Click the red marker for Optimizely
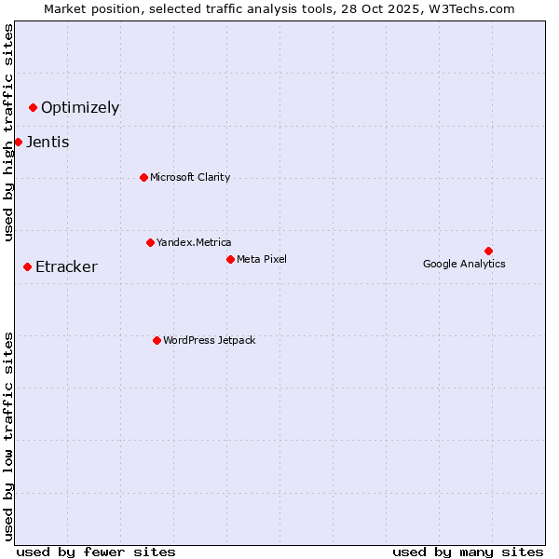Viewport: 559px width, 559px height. click(x=33, y=107)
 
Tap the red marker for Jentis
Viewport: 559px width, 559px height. click(x=18, y=142)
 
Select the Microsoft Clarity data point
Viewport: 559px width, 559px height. click(x=143, y=177)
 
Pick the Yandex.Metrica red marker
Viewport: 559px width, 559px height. click(x=150, y=242)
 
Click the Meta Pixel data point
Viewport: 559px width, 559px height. click(x=230, y=259)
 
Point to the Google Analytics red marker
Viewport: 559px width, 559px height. click(x=488, y=251)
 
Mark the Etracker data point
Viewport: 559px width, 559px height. click(x=27, y=266)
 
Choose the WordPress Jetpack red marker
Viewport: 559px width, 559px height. click(x=157, y=340)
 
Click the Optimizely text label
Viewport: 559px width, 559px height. click(x=80, y=107)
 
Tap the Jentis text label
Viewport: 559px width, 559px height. click(x=48, y=142)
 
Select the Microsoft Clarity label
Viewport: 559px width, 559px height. click(x=190, y=177)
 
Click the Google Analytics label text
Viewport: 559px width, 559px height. click(x=464, y=264)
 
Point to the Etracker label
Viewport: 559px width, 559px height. click(x=66, y=267)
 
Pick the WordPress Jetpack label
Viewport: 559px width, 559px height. click(x=209, y=340)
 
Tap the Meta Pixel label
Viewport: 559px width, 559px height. click(x=262, y=259)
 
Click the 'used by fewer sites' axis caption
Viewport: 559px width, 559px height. click(x=96, y=552)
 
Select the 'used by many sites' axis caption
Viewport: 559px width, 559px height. click(x=468, y=552)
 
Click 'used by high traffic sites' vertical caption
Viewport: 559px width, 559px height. click(x=8, y=132)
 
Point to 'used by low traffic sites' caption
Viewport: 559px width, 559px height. click(x=8, y=435)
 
